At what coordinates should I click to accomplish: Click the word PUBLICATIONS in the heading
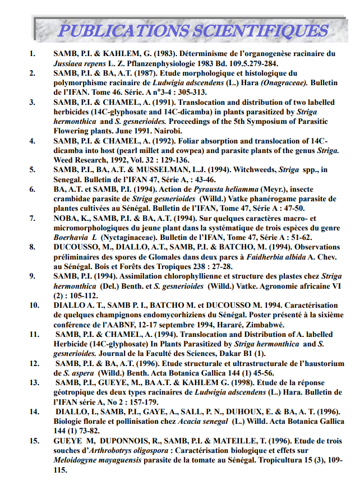(115, 30)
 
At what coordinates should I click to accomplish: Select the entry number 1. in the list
(32, 54)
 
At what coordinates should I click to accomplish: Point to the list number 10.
(34, 306)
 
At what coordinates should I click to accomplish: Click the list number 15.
(34, 441)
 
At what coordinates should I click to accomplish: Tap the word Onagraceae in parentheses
(283, 82)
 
